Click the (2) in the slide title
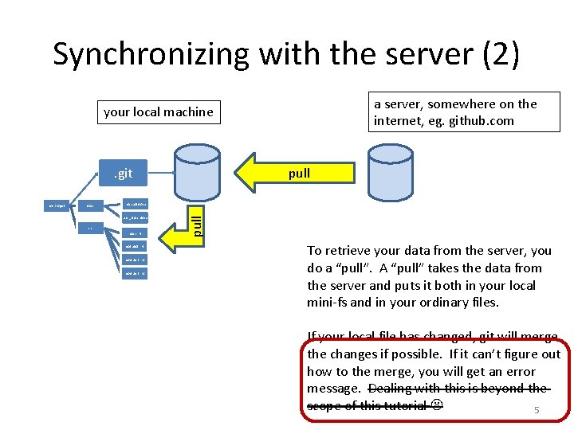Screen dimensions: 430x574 click(x=494, y=54)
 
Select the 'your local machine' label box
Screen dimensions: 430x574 click(x=159, y=112)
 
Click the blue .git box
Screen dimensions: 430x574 click(x=122, y=174)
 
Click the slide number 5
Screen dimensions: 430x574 click(x=537, y=411)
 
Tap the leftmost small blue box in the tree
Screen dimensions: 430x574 click(x=57, y=206)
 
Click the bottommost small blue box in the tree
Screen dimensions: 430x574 click(x=134, y=273)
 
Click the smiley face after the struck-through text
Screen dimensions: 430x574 click(x=437, y=405)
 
